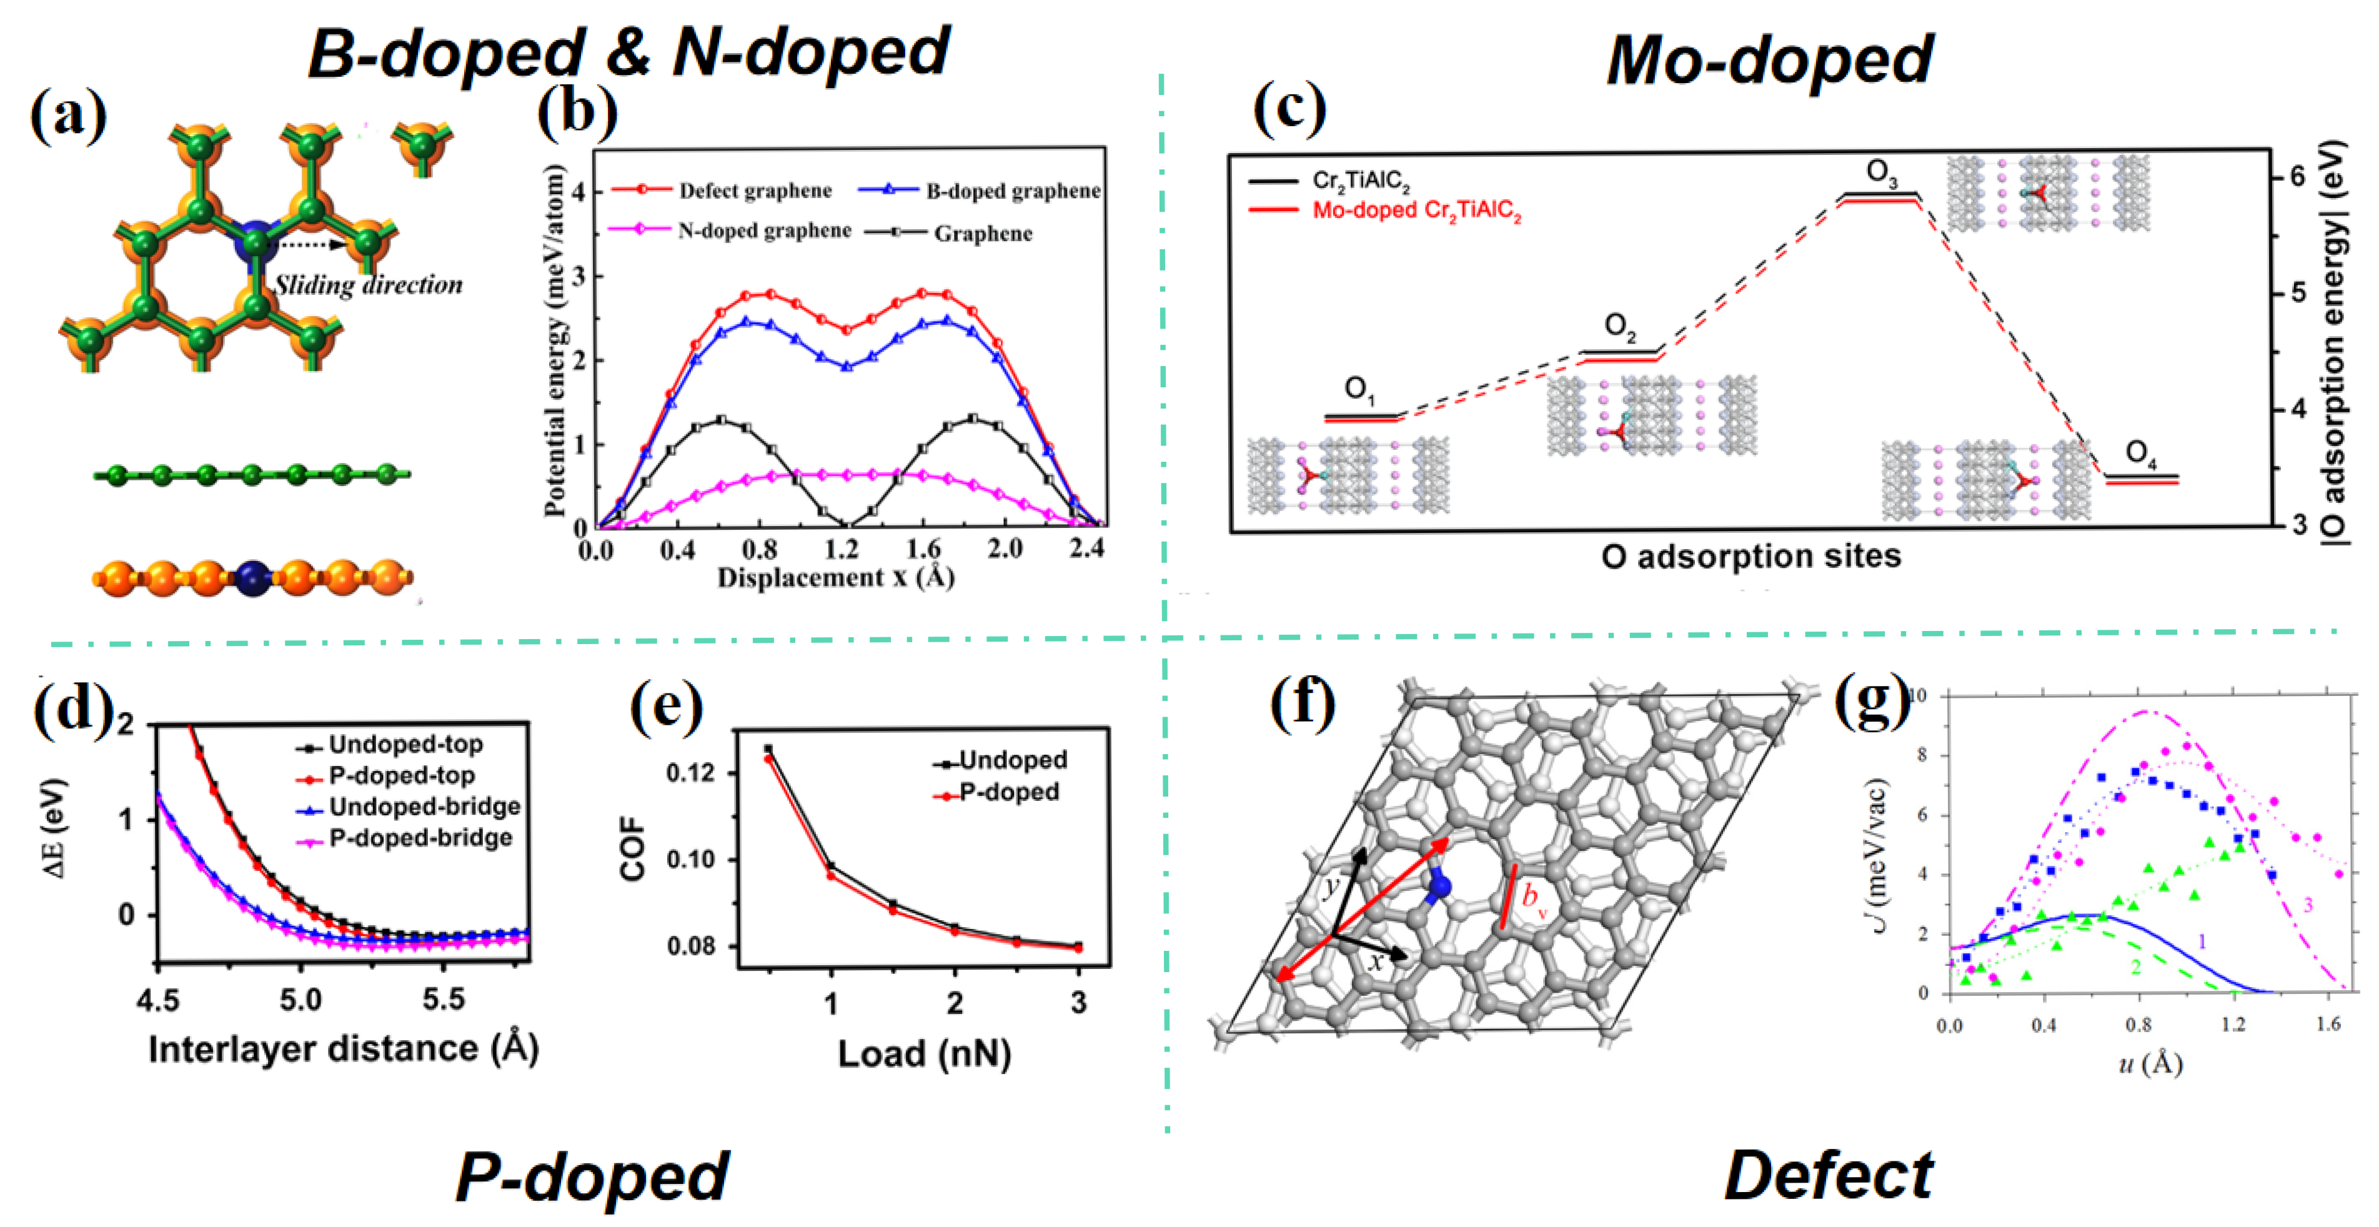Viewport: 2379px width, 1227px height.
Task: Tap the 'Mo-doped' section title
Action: [1769, 60]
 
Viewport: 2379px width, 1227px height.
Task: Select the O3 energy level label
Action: [1881, 172]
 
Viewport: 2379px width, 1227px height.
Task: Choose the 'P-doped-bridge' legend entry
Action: [420, 838]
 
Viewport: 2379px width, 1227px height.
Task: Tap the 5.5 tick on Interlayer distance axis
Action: [444, 1000]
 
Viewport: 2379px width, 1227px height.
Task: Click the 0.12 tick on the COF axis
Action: [691, 772]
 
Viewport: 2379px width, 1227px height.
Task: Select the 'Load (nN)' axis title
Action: [923, 1053]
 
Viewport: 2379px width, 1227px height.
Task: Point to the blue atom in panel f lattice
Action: [1438, 887]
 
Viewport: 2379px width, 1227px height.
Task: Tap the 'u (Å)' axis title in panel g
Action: [2149, 1065]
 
